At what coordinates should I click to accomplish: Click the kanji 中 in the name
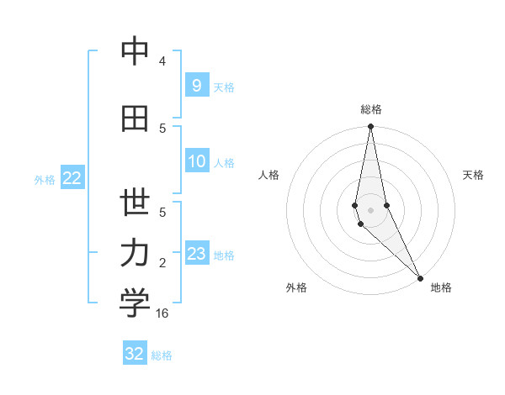click(x=135, y=52)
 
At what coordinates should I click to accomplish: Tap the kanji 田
click(x=135, y=118)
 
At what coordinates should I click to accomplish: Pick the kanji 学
click(x=135, y=303)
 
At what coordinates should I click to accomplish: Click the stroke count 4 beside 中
click(x=162, y=61)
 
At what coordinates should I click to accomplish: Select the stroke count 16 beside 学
click(x=163, y=313)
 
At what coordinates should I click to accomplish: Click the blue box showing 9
click(x=196, y=85)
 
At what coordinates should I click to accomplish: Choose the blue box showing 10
click(x=196, y=161)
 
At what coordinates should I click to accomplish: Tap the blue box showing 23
click(x=196, y=254)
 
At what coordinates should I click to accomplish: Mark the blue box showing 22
click(x=72, y=178)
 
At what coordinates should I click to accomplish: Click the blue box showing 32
click(x=135, y=354)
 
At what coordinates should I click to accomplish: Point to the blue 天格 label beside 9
click(x=224, y=87)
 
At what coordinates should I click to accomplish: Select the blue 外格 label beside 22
click(x=45, y=179)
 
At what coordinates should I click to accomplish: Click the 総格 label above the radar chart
click(x=371, y=109)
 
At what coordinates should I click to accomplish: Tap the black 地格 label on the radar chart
click(x=441, y=287)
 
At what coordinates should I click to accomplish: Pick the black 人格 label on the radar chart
click(x=269, y=175)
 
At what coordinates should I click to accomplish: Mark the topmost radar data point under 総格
click(x=370, y=127)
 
